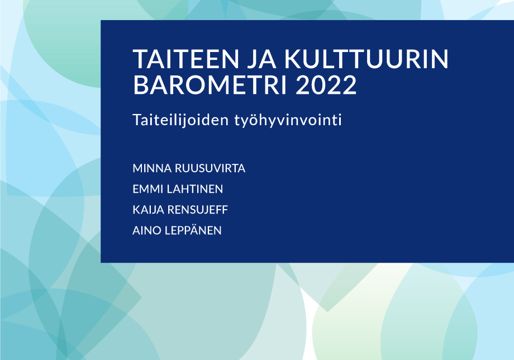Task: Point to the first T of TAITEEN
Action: click(x=140, y=60)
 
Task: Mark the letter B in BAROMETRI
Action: click(x=140, y=85)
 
